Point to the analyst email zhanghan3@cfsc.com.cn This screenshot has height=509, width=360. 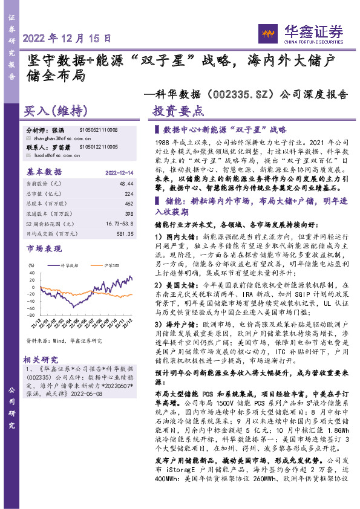pyautogui.click(x=54, y=138)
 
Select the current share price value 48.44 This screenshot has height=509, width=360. pyautogui.click(x=126, y=182)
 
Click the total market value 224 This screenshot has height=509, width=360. pyautogui.click(x=129, y=193)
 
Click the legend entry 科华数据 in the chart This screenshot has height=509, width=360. pyautogui.click(x=71, y=265)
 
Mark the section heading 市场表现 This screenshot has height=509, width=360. pyautogui.click(x=44, y=248)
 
